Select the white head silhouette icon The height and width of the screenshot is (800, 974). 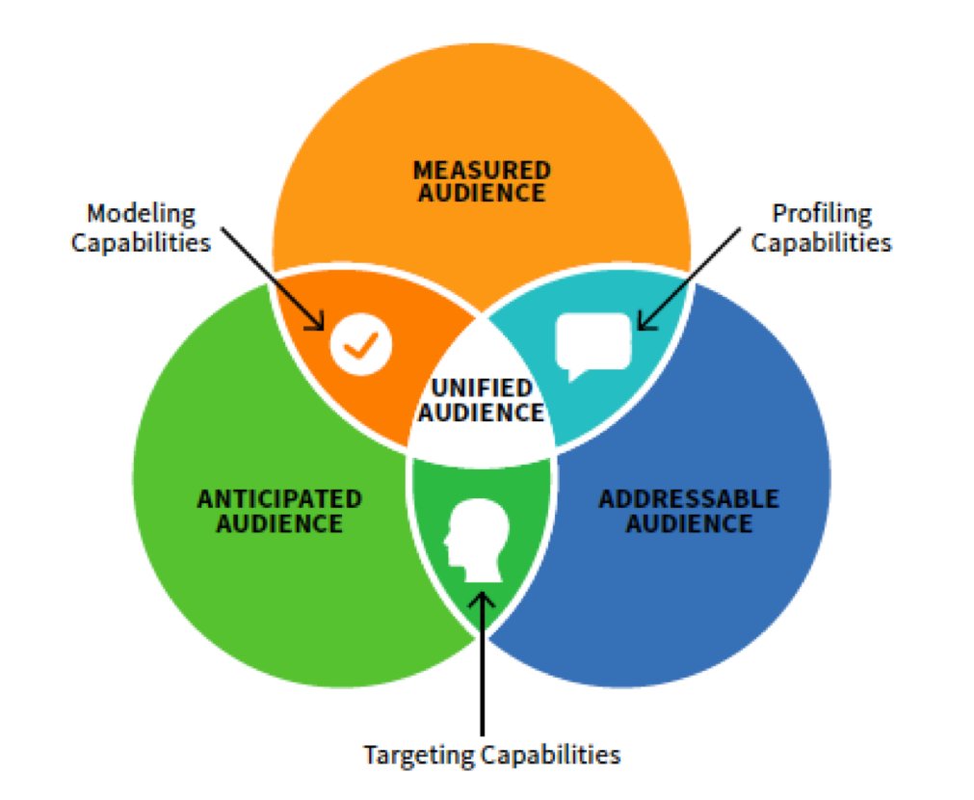pos(474,541)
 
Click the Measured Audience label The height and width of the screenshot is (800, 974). pos(482,181)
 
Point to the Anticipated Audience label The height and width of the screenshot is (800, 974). pos(279,511)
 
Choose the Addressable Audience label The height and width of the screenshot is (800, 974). pos(688,511)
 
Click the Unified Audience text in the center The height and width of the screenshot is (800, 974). pos(482,400)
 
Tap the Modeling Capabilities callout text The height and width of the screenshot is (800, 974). pos(141,227)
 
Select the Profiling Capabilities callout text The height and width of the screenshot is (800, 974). pos(821,227)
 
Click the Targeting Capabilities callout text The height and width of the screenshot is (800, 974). pos(491,754)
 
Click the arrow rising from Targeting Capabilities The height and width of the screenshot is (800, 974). pos(482,665)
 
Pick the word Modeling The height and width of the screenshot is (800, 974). pos(141,213)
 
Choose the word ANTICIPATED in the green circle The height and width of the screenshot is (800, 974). pos(279,499)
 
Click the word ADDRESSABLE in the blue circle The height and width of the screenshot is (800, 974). pos(688,499)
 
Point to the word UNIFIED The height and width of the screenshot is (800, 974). pos(482,388)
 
